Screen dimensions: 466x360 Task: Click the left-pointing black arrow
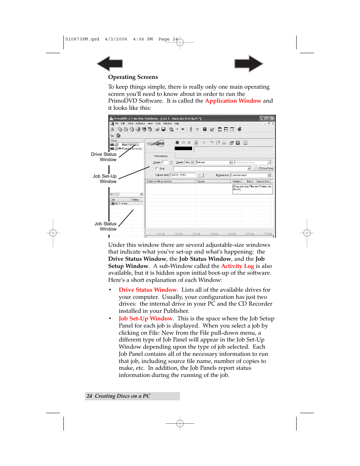tap(109, 63)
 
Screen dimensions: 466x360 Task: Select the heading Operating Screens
tap(133, 77)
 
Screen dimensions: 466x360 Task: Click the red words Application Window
tap(233, 101)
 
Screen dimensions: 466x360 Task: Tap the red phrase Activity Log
tap(237, 266)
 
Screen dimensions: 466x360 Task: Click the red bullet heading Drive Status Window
tap(148, 290)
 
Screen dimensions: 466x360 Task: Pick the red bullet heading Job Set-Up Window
tap(145, 318)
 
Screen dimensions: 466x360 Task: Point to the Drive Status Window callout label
tap(104, 157)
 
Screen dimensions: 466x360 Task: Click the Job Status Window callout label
tap(106, 226)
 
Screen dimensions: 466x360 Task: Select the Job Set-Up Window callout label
tap(105, 179)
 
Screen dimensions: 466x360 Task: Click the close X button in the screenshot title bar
tap(272, 118)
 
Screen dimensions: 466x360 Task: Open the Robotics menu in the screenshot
tap(140, 123)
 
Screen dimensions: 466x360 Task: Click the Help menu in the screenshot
tap(177, 123)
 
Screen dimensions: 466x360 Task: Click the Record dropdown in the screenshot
tap(214, 162)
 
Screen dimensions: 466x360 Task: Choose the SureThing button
tap(266, 169)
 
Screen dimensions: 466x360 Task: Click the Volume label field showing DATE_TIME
tap(183, 175)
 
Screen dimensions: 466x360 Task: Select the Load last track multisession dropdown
tap(251, 175)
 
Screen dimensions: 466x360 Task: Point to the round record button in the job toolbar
tap(177, 143)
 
